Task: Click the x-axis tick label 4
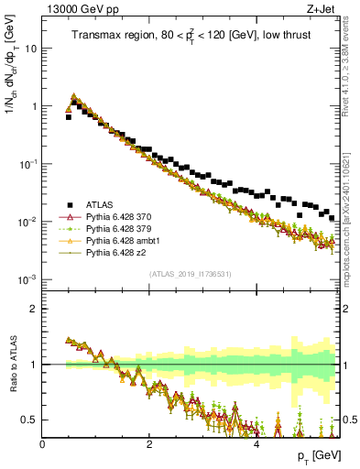pos(256,444)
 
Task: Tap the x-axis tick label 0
pos(43,444)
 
